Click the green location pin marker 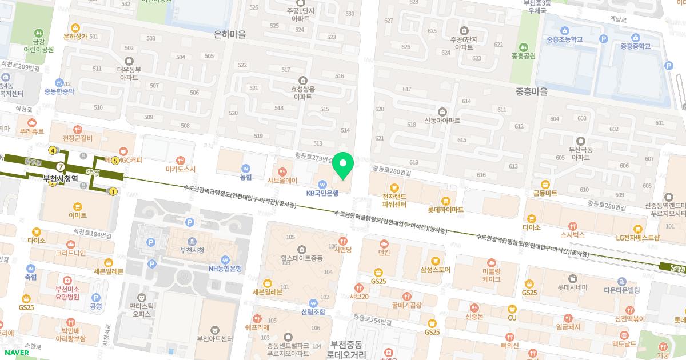[x=343, y=165]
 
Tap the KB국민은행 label [x=322, y=193]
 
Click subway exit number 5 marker [x=115, y=161]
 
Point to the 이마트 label [x=77, y=215]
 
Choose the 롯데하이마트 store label [x=446, y=210]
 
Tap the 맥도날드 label [x=624, y=343]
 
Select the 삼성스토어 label [x=436, y=270]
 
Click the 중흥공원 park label [x=523, y=56]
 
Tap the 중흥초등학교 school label [x=564, y=39]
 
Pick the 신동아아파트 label [x=442, y=121]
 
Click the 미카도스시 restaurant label [x=181, y=169]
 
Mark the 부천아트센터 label [x=214, y=338]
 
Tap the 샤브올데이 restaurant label [x=282, y=180]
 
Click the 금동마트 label [x=545, y=193]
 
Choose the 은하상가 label [x=75, y=36]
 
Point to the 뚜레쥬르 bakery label [x=31, y=130]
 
